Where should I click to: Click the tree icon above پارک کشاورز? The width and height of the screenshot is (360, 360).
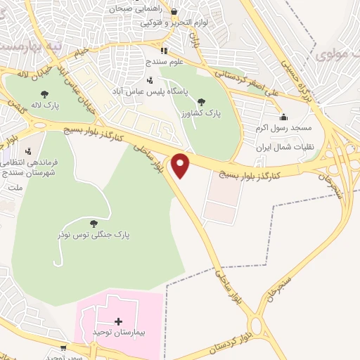point(202,102)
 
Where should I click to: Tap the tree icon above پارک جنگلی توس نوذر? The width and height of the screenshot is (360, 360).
point(94,224)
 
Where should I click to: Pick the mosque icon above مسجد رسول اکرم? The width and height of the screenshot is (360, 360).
point(283,117)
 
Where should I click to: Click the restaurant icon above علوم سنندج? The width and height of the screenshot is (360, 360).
point(164,51)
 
